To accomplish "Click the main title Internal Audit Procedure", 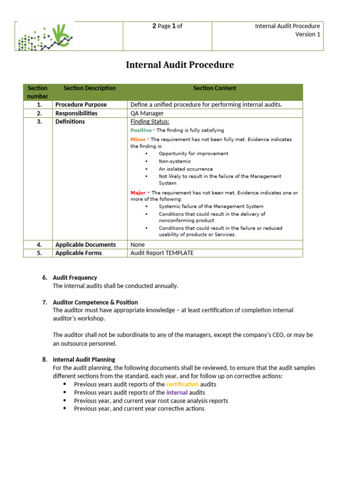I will [x=180, y=65].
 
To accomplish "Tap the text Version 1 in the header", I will [x=307, y=34].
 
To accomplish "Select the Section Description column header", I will [x=90, y=88].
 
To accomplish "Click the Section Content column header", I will [x=215, y=88].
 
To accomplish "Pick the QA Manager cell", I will [x=147, y=113].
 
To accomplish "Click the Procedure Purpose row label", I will [x=81, y=105].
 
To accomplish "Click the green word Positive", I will [x=141, y=130].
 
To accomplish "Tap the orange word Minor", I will [x=138, y=140].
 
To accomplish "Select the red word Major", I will [x=138, y=193].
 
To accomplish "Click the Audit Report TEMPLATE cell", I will [x=162, y=253].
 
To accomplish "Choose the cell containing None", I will [x=137, y=245].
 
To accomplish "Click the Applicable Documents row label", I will [x=85, y=245].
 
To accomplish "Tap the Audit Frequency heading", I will [x=75, y=277].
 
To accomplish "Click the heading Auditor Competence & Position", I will [x=95, y=302].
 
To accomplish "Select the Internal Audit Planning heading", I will [x=84, y=360].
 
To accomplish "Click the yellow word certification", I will [x=182, y=384].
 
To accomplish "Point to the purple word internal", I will [x=177, y=392].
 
